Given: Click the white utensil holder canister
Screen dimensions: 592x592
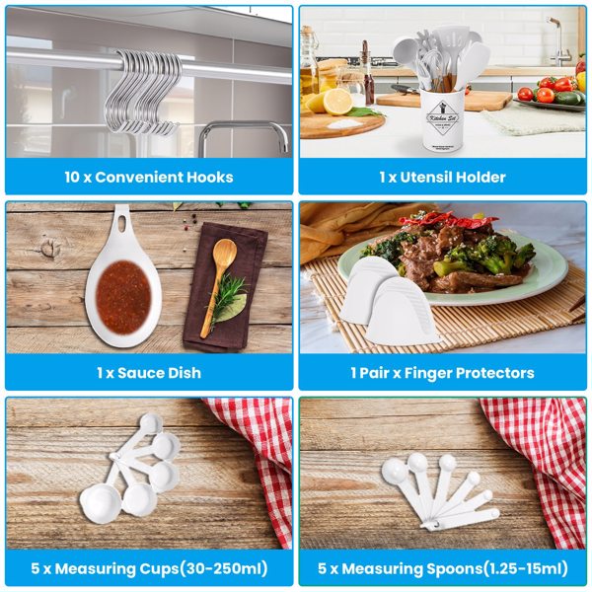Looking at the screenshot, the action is pyautogui.click(x=445, y=121).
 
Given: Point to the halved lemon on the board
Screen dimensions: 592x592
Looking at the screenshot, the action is pyautogui.click(x=337, y=102).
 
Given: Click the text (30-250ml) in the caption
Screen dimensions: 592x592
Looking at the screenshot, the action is pyautogui.click(x=223, y=568).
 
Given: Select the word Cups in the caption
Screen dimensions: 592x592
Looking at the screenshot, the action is pyautogui.click(x=158, y=569).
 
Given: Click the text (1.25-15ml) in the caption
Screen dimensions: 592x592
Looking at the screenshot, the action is pyautogui.click(x=525, y=568).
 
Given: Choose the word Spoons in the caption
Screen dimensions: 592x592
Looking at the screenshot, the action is pyautogui.click(x=454, y=569).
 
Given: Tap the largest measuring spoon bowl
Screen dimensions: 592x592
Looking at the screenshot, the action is pyautogui.click(x=395, y=471).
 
